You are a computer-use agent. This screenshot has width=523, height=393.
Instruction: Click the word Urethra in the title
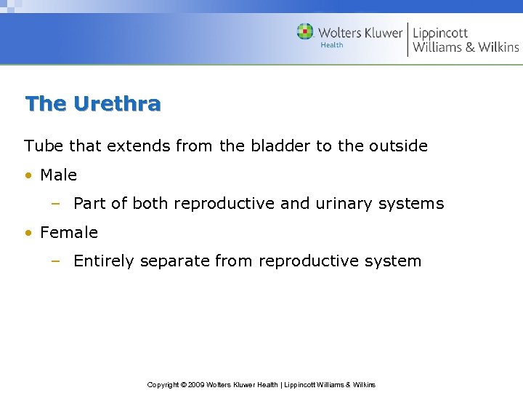pos(117,104)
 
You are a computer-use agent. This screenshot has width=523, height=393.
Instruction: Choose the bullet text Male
pos(58,175)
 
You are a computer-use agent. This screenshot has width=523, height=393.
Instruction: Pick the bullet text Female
pos(69,233)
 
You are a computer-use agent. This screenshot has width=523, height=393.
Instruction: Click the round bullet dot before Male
pos(28,175)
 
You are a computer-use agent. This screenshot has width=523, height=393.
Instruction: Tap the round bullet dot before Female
pos(28,234)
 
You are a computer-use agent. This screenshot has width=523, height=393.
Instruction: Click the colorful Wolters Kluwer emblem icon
pos(305,31)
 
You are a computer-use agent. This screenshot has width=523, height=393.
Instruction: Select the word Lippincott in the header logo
pos(440,33)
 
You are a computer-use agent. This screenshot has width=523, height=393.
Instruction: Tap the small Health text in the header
pos(331,45)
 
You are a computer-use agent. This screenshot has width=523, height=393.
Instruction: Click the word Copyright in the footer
pos(163,384)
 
